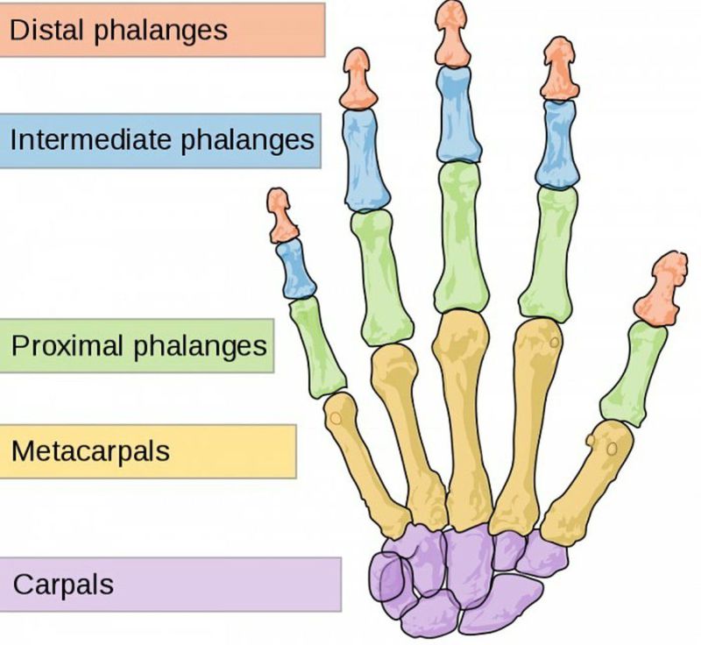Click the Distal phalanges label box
[162, 30]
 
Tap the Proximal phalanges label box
[137, 345]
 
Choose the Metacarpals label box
[147, 452]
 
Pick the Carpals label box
[170, 584]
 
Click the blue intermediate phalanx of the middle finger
[457, 114]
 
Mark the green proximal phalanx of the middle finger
[461, 237]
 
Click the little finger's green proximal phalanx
[317, 347]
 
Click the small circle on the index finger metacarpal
[554, 343]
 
